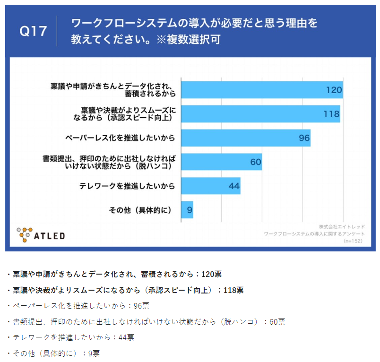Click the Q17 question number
point(34,32)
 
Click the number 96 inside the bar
point(303,138)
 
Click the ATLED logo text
point(49,235)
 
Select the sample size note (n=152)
point(353,241)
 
